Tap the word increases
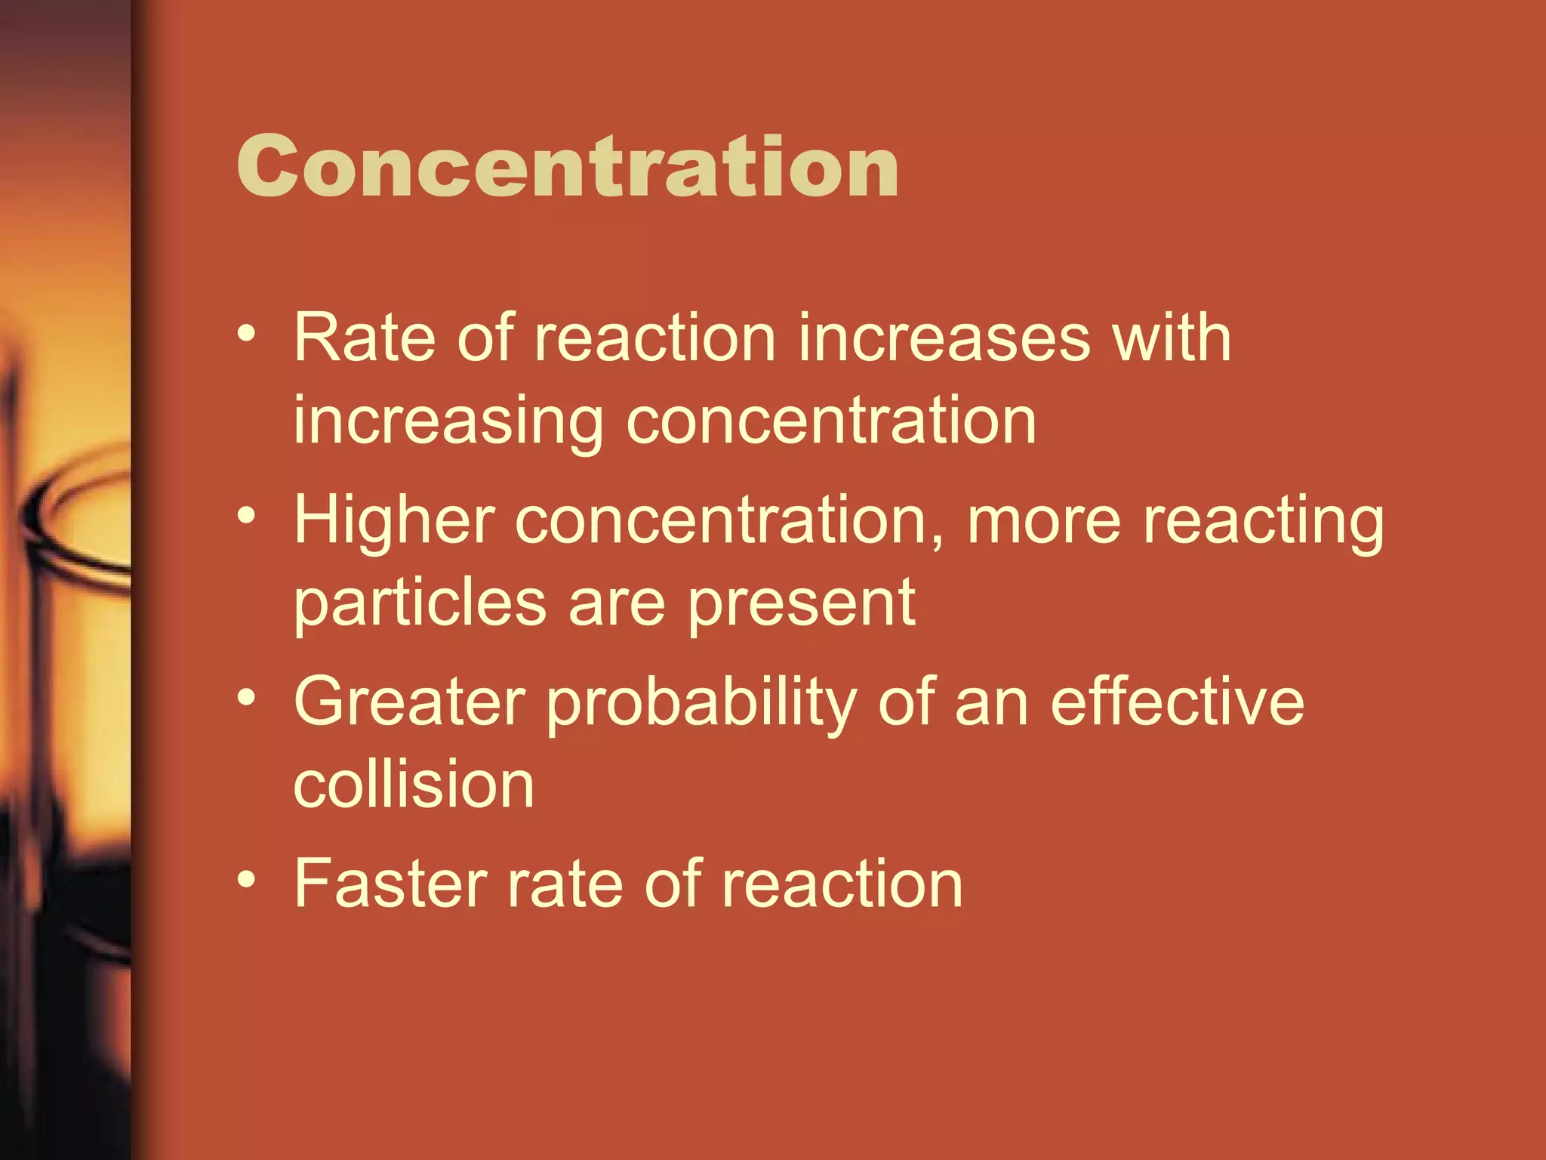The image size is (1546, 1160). pyautogui.click(x=944, y=338)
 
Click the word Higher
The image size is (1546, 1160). pyautogui.click(x=394, y=521)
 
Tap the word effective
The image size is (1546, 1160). pyautogui.click(x=1178, y=702)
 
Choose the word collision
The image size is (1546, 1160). pyautogui.click(x=414, y=785)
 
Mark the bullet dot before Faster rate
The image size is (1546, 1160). pyautogui.click(x=246, y=878)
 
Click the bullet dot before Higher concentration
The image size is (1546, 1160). pyautogui.click(x=246, y=516)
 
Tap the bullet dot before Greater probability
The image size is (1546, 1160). pyautogui.click(x=246, y=697)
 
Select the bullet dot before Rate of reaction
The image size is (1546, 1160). pyautogui.click(x=246, y=333)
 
